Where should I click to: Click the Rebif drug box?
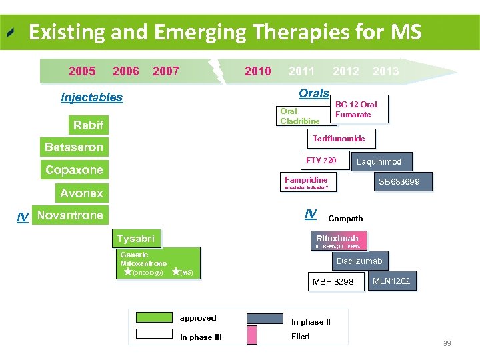[x=88, y=125]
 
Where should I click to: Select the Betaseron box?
[x=74, y=147]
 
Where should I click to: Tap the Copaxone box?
[x=74, y=170]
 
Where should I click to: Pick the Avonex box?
[x=81, y=193]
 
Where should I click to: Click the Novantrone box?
[x=70, y=215]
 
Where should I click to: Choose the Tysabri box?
[x=135, y=239]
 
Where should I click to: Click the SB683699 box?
[x=399, y=181]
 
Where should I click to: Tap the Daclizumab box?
[x=359, y=261]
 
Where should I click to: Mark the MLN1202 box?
[x=391, y=281]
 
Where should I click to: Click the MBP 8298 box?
[x=333, y=282]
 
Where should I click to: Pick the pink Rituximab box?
[x=337, y=239]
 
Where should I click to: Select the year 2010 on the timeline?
[x=258, y=71]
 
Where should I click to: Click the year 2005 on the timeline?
[x=82, y=71]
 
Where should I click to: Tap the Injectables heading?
[x=92, y=97]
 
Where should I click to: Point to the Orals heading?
[x=314, y=93]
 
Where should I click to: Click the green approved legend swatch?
[x=154, y=319]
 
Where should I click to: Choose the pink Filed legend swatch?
[x=252, y=335]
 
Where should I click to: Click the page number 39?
[x=447, y=343]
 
